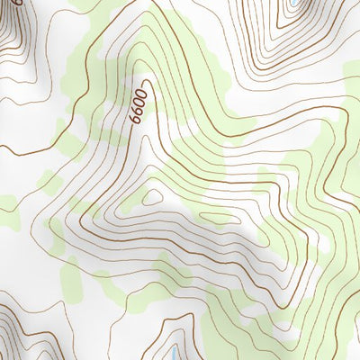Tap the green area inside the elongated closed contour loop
[x=214, y=217]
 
